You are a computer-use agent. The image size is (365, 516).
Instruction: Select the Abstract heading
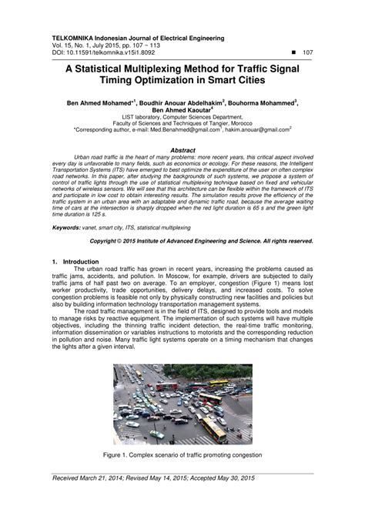tap(182, 149)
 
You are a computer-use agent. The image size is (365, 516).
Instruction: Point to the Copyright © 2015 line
tap(202, 240)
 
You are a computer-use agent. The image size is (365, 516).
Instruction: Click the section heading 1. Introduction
tap(75, 262)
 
